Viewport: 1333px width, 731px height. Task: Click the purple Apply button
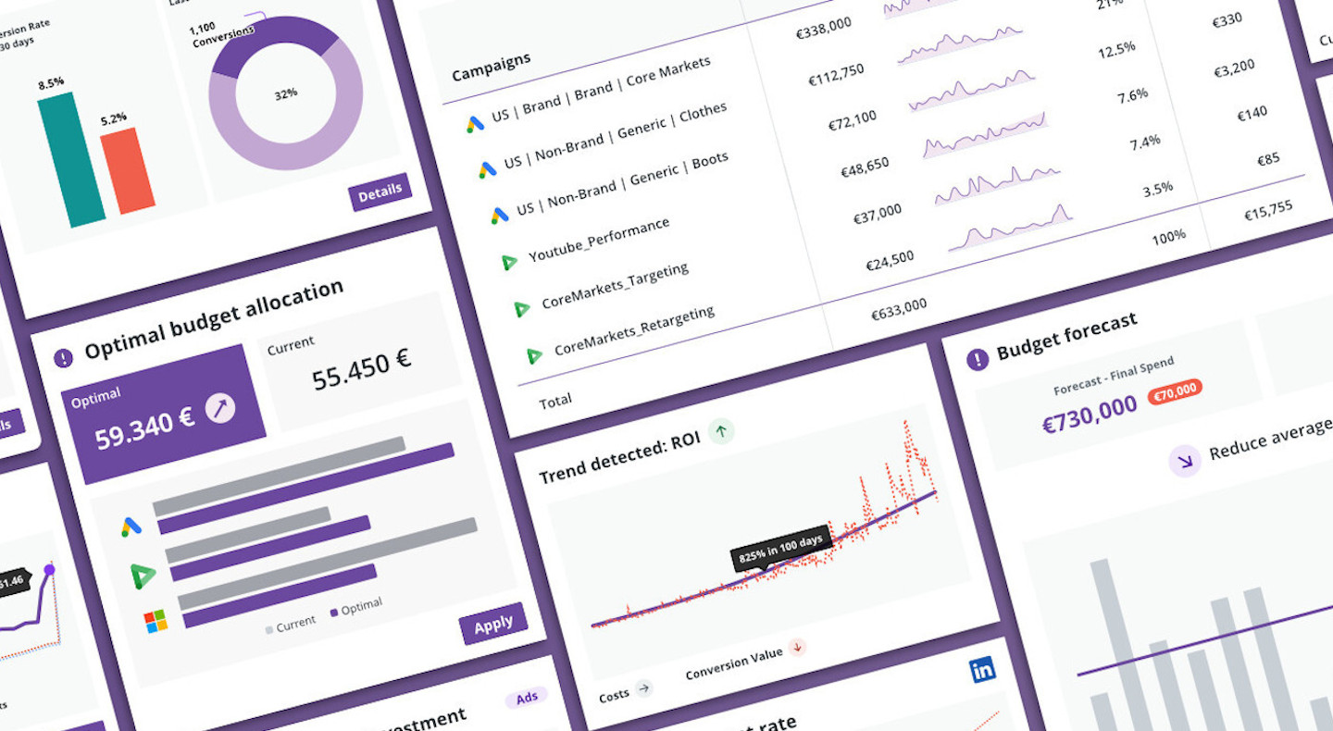[492, 625]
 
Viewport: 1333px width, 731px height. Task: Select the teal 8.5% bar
[70, 159]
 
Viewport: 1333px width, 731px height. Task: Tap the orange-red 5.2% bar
[128, 169]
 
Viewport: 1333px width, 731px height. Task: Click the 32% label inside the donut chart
[285, 94]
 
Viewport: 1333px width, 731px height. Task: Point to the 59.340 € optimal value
[144, 425]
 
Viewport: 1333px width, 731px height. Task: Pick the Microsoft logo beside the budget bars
[156, 622]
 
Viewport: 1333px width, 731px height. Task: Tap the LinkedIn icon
[983, 670]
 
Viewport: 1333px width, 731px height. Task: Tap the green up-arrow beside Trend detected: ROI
[722, 430]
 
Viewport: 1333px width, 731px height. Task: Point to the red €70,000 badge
[1175, 391]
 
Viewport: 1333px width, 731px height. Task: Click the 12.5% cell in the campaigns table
[1115, 50]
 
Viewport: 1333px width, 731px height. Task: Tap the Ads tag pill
[526, 698]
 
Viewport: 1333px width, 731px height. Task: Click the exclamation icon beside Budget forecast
[978, 359]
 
